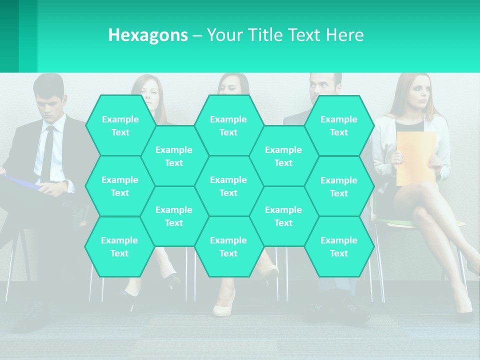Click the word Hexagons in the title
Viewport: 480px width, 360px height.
coord(148,35)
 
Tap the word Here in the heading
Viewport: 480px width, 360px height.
coord(344,35)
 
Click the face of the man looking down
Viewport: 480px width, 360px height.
coord(50,102)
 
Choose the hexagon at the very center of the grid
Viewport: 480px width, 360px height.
coord(229,186)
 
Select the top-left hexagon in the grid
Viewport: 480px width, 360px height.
coord(120,125)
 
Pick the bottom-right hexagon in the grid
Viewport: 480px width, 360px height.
coord(339,246)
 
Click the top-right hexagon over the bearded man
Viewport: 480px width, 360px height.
coord(339,125)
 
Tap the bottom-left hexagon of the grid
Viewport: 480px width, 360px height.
coord(119,246)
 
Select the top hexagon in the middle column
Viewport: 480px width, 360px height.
coord(229,125)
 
